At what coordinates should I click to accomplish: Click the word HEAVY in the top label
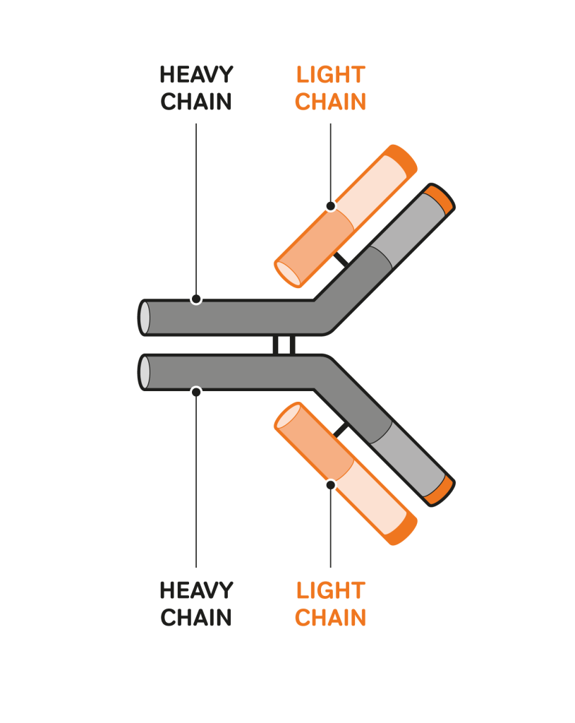pos(196,75)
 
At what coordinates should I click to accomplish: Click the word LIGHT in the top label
pos(331,75)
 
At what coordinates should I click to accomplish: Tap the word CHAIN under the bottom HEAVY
pos(196,617)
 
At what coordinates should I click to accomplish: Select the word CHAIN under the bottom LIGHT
pos(331,617)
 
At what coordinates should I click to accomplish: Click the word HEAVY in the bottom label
pos(196,590)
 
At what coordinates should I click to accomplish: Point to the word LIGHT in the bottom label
pos(331,590)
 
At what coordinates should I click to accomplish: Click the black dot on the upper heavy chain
pos(196,299)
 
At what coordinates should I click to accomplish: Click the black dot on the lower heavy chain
pos(196,392)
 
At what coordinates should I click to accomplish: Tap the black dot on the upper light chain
pos(331,206)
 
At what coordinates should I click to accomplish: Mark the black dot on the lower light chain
pos(331,485)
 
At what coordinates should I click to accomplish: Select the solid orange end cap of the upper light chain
pos(401,160)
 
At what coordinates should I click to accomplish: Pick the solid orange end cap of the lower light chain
pos(401,530)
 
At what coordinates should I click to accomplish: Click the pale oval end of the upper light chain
pos(288,274)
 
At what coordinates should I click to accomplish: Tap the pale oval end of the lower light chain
pos(288,417)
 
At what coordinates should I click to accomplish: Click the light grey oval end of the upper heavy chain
pos(144,318)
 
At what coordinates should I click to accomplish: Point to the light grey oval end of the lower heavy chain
pos(144,372)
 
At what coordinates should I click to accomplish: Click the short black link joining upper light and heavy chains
pos(341,259)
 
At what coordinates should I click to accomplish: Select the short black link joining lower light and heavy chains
pos(341,430)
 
